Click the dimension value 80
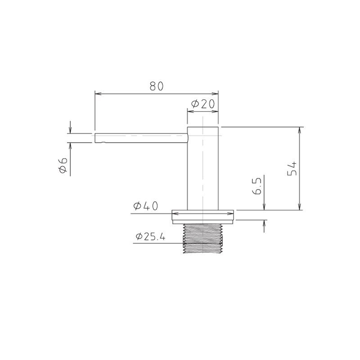pyautogui.click(x=157, y=86)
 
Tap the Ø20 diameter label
pyautogui.click(x=203, y=104)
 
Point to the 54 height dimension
pyautogui.click(x=292, y=169)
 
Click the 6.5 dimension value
pyautogui.click(x=257, y=186)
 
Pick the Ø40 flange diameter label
pyautogui.click(x=146, y=206)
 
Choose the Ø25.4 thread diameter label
pyautogui.click(x=150, y=236)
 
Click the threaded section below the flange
pyautogui.click(x=203, y=239)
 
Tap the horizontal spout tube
pyautogui.click(x=141, y=138)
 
